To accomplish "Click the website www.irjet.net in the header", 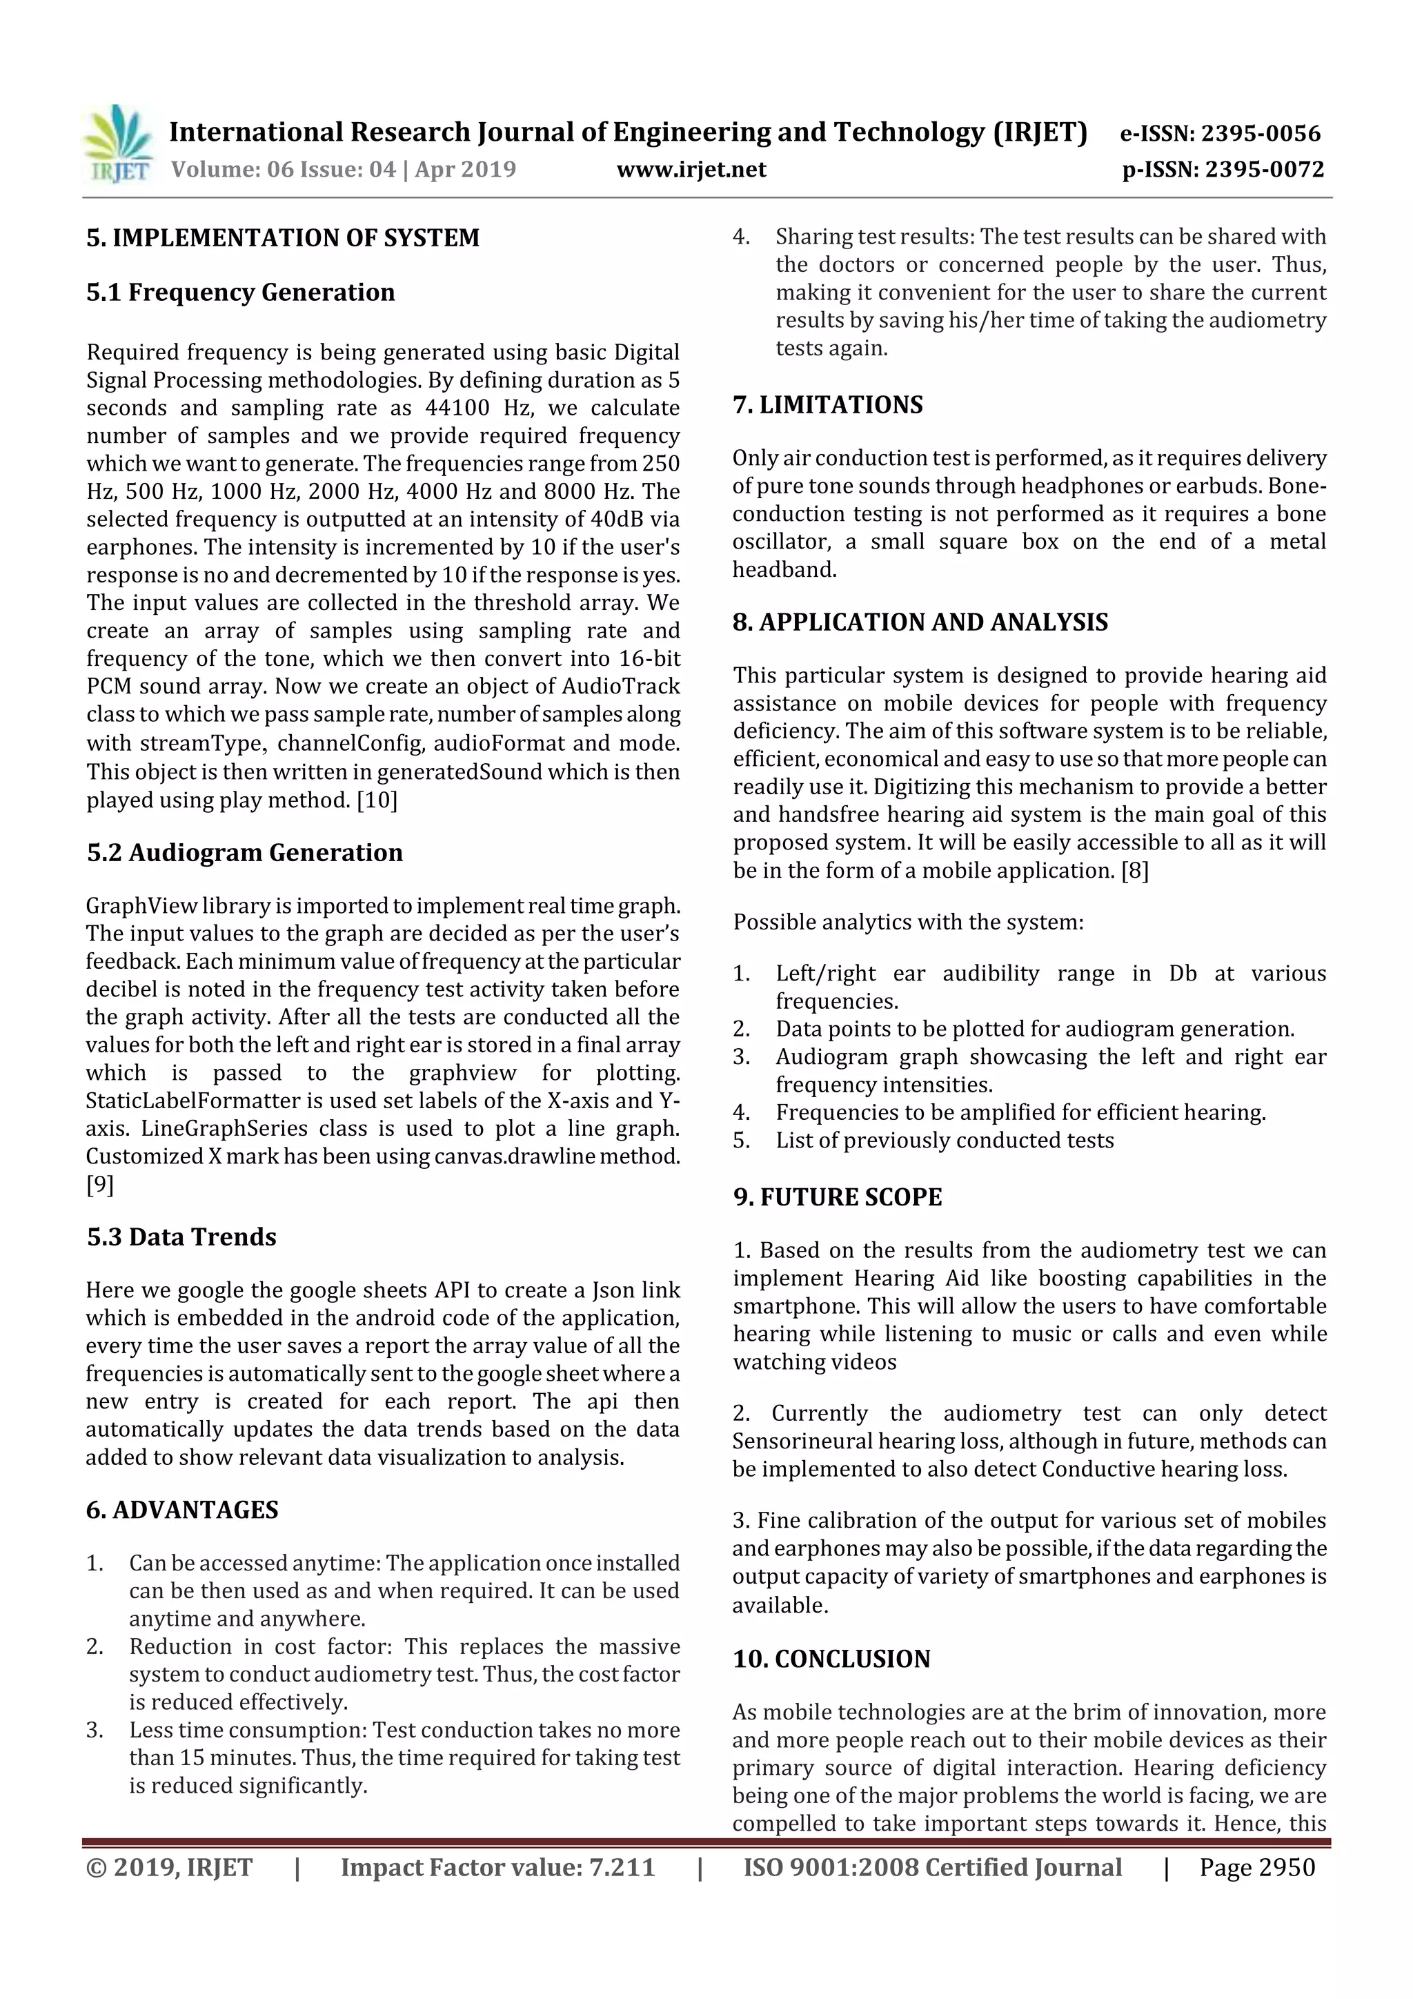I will click(x=691, y=169).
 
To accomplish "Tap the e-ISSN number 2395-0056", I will click(x=1261, y=133).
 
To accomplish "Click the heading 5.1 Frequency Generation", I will click(x=240, y=292).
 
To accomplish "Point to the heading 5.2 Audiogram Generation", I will click(x=245, y=852).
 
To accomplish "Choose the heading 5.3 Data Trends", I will click(x=181, y=1237).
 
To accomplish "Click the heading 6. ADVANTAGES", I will click(x=182, y=1510).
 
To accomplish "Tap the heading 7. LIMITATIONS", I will click(x=827, y=405).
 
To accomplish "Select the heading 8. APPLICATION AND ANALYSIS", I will click(x=920, y=622).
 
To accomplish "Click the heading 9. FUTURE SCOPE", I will click(x=838, y=1197).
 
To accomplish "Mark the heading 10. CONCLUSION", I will click(x=831, y=1659).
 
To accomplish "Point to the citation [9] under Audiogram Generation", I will click(x=99, y=1184).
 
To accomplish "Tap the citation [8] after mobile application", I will click(x=1134, y=871).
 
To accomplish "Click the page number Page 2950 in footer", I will click(x=1256, y=1867).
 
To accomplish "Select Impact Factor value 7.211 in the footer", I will click(x=497, y=1867).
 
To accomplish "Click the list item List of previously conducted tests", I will click(x=945, y=1141).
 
